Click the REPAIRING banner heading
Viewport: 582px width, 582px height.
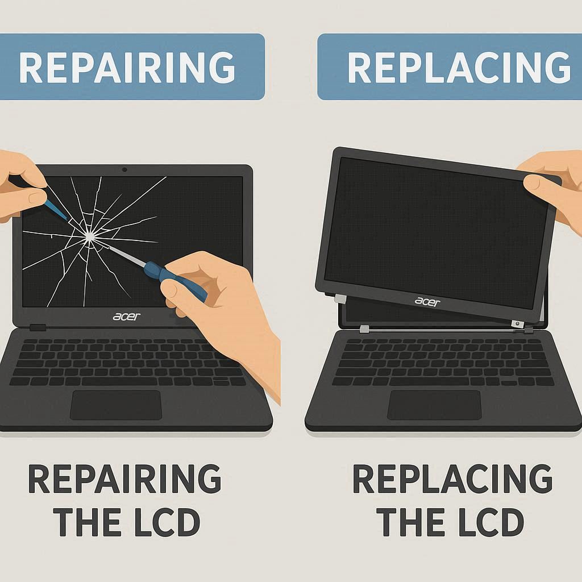tap(127, 67)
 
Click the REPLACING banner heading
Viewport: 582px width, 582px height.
tap(459, 67)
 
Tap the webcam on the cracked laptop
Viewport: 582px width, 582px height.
tap(124, 169)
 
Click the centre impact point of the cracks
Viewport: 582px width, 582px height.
tap(89, 236)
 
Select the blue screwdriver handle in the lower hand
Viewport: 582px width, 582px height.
tap(175, 280)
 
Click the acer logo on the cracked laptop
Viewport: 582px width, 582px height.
tap(127, 317)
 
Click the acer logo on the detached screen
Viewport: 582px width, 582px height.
tap(427, 301)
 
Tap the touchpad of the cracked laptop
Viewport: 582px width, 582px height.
tap(116, 405)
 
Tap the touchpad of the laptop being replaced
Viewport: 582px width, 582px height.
tap(434, 405)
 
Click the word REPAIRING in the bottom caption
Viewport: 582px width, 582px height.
tap(124, 479)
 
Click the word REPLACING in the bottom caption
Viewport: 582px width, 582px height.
tap(452, 479)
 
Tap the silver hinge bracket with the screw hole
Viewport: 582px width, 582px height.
tap(518, 324)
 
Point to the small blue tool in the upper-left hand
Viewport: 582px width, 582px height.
tap(56, 209)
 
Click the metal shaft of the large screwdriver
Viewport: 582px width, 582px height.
tap(126, 255)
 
